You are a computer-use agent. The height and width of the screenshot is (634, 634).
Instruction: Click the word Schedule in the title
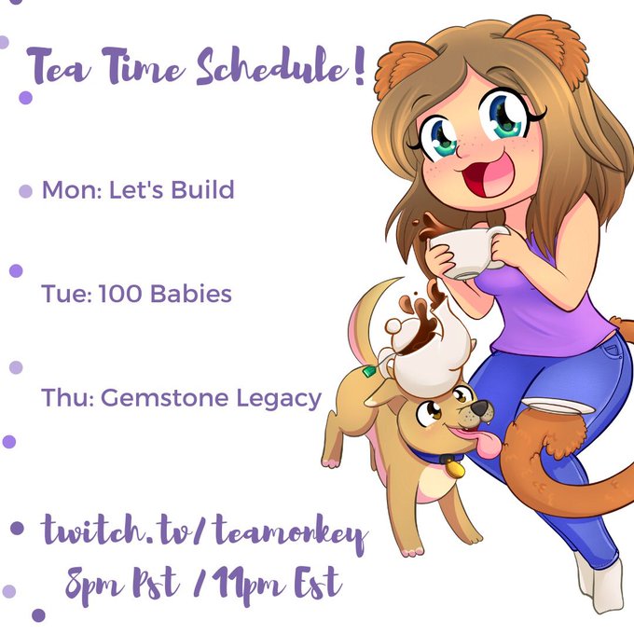coord(271,66)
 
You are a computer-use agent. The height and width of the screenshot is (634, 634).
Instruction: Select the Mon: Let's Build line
coord(138,189)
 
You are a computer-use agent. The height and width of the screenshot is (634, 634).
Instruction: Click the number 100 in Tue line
coord(120,293)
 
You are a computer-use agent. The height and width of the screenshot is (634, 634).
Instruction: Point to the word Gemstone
coord(165,397)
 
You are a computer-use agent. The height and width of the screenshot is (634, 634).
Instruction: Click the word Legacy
coord(279,399)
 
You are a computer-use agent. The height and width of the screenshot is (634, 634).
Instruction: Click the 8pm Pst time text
coord(122,585)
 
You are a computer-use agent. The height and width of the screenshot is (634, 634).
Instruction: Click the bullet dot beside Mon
coord(25,191)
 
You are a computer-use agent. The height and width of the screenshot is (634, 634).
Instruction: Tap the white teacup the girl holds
coord(468,252)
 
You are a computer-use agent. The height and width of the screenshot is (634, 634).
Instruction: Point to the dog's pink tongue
coord(479,442)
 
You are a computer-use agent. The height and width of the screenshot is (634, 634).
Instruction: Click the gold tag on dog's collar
coord(455,468)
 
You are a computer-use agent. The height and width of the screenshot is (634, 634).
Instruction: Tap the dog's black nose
coord(481,407)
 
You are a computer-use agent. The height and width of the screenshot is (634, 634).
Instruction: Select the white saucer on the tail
coord(558,406)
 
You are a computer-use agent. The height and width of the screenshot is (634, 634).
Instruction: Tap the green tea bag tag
coord(369,371)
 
